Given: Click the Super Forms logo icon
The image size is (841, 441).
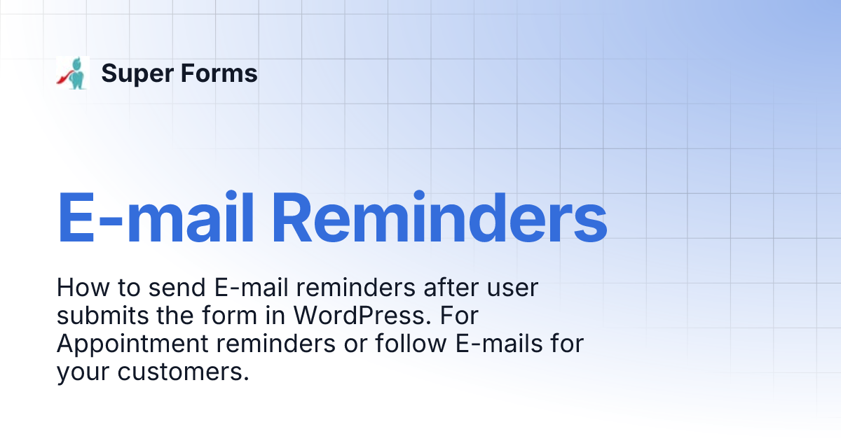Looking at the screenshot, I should pos(73,73).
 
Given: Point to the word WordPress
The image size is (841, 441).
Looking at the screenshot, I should pos(358,316).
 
